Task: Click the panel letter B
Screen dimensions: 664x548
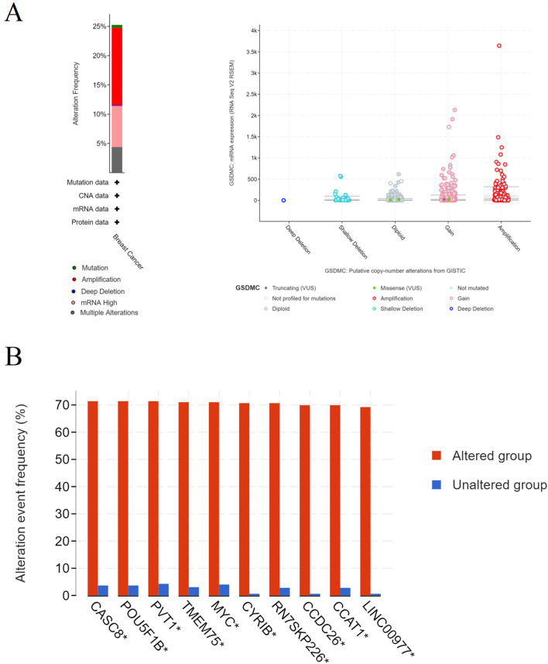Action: pos(12,359)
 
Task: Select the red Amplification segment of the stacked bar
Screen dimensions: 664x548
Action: pos(117,66)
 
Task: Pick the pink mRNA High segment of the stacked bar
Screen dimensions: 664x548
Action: pos(117,126)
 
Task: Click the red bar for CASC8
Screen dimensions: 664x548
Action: pos(93,498)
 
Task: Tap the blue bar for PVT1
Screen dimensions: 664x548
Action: pos(163,590)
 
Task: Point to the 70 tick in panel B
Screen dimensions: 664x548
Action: pos(70,405)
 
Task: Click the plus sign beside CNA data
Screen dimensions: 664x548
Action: pos(117,195)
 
